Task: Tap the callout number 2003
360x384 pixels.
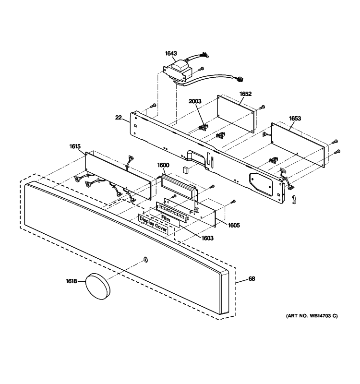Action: (x=195, y=101)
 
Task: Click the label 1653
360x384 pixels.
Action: (x=295, y=118)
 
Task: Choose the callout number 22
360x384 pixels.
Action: (x=118, y=117)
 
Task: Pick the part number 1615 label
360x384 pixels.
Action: (x=75, y=147)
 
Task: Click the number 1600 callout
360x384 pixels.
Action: (x=163, y=165)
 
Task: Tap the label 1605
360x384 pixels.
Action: (x=234, y=225)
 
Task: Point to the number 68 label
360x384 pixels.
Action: (x=252, y=279)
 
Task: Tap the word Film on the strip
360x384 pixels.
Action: (x=166, y=218)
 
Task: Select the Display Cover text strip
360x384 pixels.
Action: (x=153, y=226)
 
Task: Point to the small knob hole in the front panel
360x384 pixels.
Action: (x=145, y=260)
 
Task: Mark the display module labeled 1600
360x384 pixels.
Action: (x=179, y=185)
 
